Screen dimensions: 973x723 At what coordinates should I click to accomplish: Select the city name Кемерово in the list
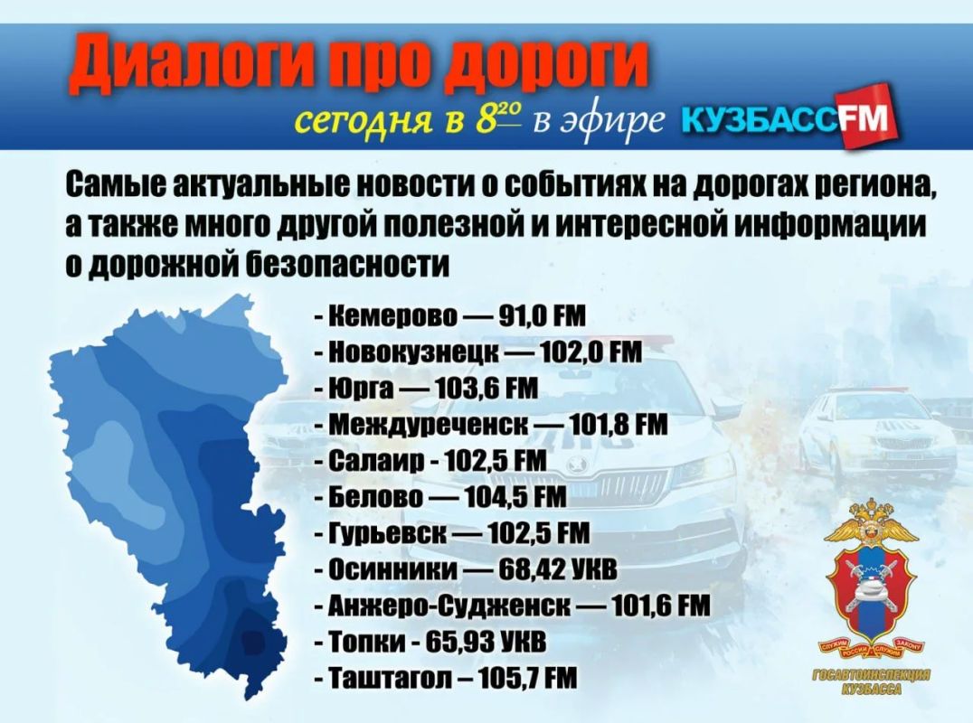click(392, 315)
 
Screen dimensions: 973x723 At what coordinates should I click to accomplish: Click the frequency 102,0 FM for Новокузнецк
click(591, 352)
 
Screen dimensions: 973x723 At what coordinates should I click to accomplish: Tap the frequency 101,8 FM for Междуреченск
click(618, 425)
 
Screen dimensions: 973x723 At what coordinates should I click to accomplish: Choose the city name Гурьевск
click(387, 533)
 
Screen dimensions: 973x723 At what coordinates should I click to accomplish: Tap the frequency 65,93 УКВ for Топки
click(486, 642)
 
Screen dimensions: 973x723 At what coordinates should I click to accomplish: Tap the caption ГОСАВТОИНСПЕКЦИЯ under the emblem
click(871, 675)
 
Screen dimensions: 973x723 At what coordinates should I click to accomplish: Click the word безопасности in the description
click(347, 266)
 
